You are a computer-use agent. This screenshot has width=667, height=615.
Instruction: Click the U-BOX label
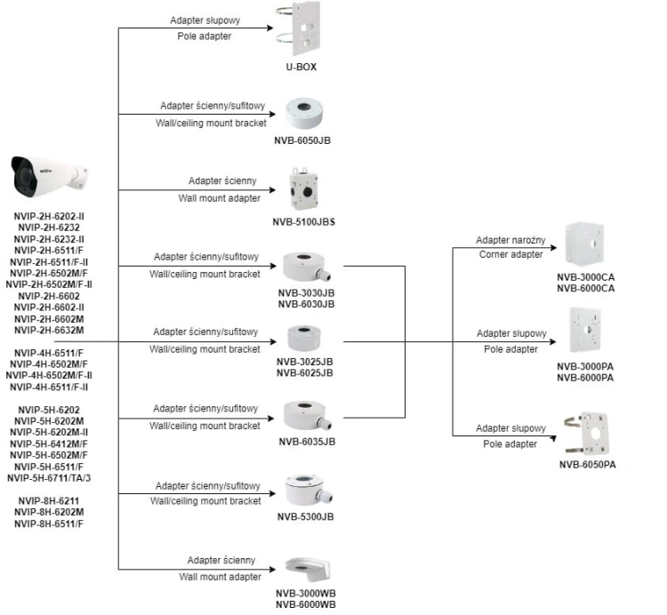(301, 67)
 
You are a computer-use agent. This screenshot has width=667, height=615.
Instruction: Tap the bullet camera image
(49, 176)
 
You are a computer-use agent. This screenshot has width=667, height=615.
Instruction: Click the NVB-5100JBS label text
(304, 222)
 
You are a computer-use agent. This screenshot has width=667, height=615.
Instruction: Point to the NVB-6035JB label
(307, 442)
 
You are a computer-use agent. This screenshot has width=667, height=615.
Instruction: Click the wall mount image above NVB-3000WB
(308, 570)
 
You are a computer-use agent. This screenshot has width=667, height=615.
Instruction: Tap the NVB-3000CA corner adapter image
(585, 244)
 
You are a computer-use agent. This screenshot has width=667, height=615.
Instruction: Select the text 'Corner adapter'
(510, 254)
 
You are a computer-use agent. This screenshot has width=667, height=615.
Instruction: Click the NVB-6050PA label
(588, 465)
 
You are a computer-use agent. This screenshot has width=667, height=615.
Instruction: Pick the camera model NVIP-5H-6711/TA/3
(49, 478)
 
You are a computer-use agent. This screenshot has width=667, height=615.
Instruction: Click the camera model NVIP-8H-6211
(49, 500)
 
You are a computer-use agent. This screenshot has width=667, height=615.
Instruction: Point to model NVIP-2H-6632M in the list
(49, 330)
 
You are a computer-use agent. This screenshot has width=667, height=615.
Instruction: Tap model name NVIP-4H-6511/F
(49, 353)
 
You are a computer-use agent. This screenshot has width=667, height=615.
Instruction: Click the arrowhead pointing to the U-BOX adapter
(270, 28)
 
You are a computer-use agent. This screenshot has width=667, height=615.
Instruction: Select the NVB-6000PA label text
(585, 378)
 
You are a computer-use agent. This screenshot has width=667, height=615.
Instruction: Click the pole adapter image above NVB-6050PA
(587, 433)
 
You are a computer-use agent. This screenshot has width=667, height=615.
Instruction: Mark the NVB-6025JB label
(304, 372)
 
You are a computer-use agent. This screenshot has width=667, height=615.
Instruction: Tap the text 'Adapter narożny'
(510, 240)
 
